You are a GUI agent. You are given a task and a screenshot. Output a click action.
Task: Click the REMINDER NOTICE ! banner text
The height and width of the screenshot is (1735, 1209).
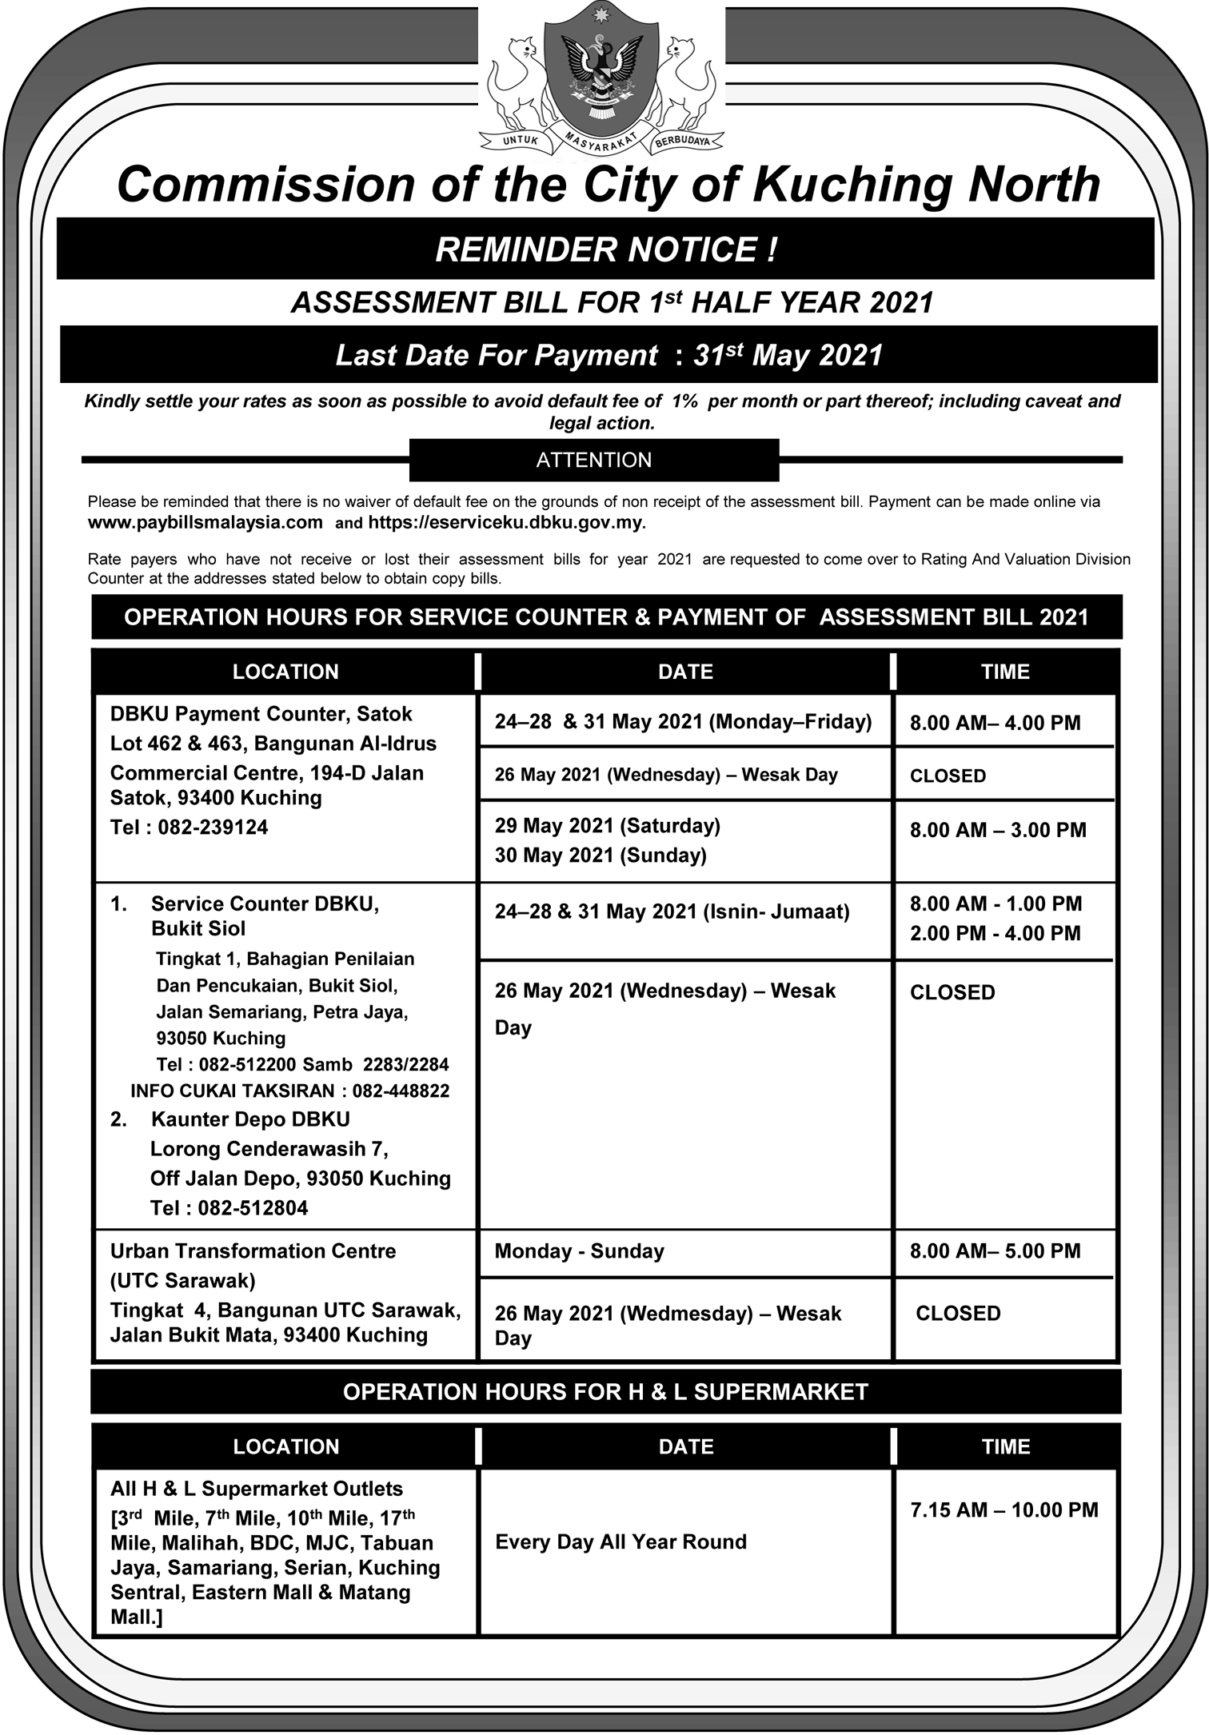[x=605, y=249]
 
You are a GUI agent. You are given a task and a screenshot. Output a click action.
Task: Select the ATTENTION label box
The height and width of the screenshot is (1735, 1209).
[x=594, y=460]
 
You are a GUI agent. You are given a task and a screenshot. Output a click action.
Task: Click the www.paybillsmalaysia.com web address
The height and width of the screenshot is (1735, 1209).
[x=205, y=523]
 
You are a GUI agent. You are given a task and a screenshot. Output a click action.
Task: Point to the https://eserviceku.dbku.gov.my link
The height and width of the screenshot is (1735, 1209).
[x=506, y=523]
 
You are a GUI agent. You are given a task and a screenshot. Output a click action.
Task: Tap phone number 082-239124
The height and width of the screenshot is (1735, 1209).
[x=213, y=827]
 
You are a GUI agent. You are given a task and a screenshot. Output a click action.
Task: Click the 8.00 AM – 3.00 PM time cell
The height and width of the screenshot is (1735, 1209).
[x=998, y=830]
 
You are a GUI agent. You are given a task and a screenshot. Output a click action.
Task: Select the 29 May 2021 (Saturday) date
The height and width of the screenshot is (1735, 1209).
[x=608, y=825]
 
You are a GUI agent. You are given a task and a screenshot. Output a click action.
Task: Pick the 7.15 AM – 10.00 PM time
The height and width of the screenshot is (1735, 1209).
[x=1004, y=1510]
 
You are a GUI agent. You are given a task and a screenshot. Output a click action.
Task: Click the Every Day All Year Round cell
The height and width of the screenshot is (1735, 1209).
[x=621, y=1542]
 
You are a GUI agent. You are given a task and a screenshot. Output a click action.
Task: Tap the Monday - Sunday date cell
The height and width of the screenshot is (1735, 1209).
[x=580, y=1251]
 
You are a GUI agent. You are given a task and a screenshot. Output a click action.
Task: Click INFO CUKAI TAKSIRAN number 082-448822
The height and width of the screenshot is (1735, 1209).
[x=401, y=1091]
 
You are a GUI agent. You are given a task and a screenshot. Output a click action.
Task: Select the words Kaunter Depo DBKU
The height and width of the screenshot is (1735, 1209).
[x=250, y=1119]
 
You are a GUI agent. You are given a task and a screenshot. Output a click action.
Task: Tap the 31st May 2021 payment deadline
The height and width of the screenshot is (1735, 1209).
[x=788, y=355]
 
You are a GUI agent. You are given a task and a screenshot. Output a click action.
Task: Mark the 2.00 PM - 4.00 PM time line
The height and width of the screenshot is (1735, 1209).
[x=995, y=933]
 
